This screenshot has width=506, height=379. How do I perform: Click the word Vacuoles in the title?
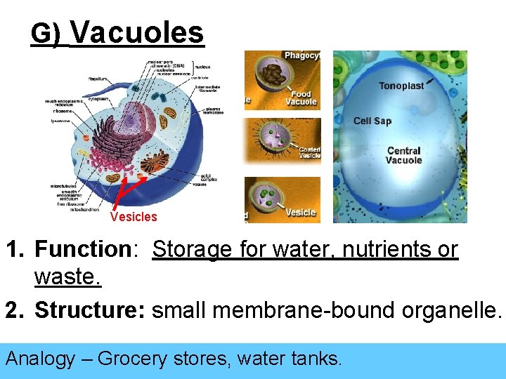tap(137, 32)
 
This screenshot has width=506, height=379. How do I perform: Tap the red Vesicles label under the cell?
tap(134, 217)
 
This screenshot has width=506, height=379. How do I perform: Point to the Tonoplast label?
tap(401, 86)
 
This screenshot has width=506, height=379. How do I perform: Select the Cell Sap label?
tap(372, 121)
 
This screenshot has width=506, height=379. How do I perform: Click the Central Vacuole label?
tap(403, 155)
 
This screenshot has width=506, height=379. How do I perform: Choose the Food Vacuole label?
tap(301, 98)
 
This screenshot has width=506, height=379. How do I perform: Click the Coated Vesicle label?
tap(309, 152)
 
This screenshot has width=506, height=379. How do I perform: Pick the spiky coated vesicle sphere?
tap(276, 139)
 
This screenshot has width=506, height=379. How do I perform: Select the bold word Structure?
tap(89, 310)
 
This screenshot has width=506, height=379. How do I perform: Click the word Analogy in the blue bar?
tap(40, 359)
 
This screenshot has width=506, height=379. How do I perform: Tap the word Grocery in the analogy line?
tap(131, 359)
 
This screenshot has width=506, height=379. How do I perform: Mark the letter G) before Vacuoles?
tap(47, 34)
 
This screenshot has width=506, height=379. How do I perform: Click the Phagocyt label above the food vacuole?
tap(301, 55)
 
